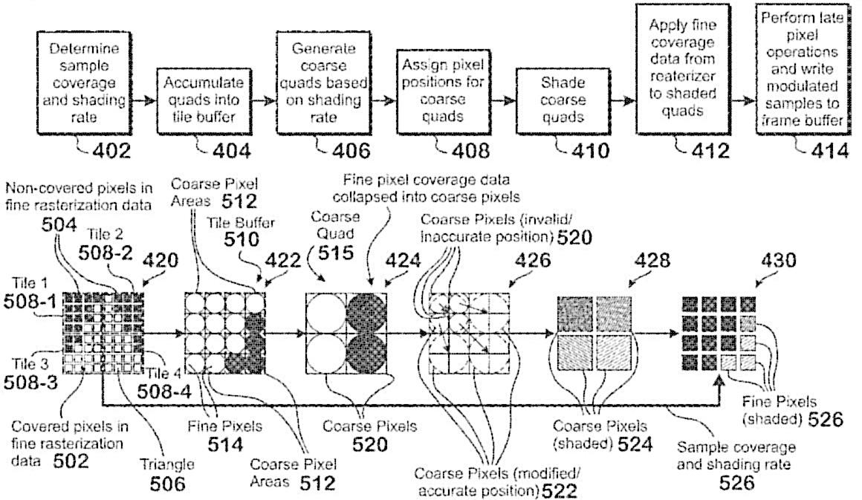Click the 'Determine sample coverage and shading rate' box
point(84,82)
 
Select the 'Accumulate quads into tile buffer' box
point(204,100)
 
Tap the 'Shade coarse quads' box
point(563,100)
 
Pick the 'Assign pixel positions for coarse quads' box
point(443,92)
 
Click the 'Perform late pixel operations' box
point(803,69)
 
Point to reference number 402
point(111,151)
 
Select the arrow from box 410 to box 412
point(623,101)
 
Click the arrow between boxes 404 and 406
point(264,101)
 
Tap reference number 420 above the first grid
point(161,260)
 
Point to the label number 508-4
point(163,392)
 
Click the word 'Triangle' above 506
point(167,465)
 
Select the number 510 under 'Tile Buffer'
point(242,239)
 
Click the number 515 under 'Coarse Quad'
point(335,253)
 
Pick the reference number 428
point(652,260)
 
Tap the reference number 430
point(778,260)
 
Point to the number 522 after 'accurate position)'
point(559,490)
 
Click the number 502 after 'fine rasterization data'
point(71,461)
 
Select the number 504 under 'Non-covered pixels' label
point(59,224)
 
